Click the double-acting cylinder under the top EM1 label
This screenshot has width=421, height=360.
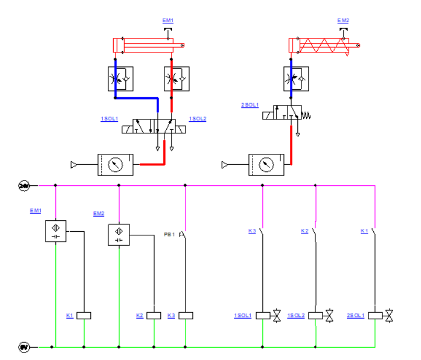148,45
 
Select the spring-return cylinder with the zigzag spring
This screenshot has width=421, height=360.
324,45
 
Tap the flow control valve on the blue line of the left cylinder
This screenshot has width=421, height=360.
120,79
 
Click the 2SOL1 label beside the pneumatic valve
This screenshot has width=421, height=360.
249,105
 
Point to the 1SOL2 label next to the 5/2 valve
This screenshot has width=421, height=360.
198,119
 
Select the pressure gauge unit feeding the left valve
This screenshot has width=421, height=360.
115,165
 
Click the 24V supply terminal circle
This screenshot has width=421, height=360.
24,185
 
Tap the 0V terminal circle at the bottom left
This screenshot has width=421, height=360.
24,347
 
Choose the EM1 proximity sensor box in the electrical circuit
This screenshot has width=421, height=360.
55,231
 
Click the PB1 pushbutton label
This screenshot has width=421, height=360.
169,234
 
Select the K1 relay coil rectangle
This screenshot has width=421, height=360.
85,315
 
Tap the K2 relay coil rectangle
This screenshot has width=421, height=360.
153,315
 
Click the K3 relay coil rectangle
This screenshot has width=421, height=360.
185,315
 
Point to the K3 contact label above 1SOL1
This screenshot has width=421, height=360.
252,231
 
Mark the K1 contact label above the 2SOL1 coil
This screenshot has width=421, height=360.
364,231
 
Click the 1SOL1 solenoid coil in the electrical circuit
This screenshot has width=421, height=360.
262,315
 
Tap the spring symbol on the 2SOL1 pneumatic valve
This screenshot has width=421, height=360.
305,115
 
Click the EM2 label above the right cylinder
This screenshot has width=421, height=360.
343,20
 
